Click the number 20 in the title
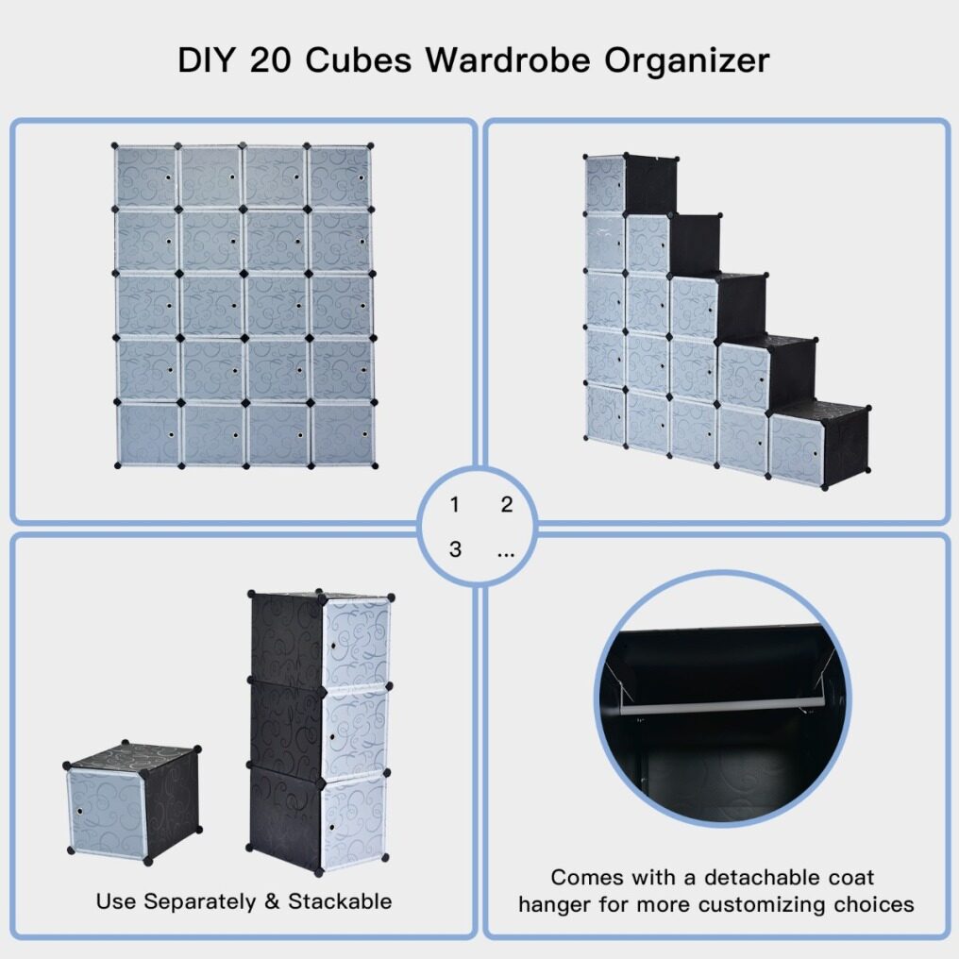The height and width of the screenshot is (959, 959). (270, 60)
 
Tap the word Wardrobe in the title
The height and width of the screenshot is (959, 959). (508, 60)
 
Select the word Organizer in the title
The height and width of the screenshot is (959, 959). (687, 61)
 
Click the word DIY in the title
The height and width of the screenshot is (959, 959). (206, 60)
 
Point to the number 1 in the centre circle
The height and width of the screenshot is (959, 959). (454, 505)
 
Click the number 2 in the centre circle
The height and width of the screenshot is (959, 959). (507, 505)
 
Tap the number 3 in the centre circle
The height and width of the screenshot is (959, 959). (455, 549)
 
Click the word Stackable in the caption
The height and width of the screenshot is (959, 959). (340, 900)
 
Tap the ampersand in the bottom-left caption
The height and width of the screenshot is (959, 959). (272, 900)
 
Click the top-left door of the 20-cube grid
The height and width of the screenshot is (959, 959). (146, 177)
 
